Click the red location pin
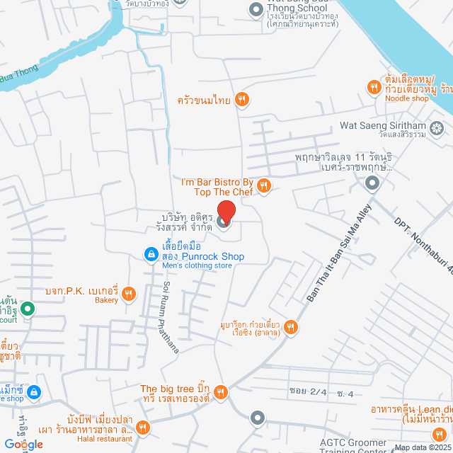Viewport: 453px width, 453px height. [225, 212]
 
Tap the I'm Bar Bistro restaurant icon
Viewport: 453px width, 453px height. [263, 185]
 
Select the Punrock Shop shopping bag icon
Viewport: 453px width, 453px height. [150, 253]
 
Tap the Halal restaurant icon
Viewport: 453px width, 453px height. [143, 427]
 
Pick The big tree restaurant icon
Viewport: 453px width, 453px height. [221, 391]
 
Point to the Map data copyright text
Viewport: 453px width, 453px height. [423, 447]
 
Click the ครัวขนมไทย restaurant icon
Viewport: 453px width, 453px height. [242, 100]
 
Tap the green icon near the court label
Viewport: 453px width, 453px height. [27, 309]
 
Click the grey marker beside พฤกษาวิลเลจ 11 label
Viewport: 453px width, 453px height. [372, 184]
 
